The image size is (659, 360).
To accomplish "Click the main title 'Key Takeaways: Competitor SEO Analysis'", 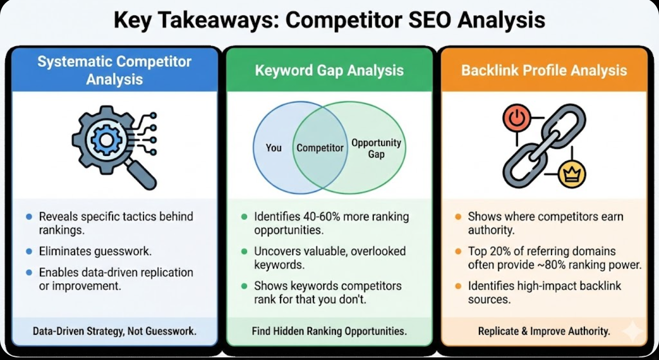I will tap(330, 20).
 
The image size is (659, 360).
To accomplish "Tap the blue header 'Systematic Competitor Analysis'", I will tap(114, 70).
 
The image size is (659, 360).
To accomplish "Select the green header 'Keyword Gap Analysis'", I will tap(329, 70).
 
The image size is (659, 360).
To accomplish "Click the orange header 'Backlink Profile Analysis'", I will tap(544, 70).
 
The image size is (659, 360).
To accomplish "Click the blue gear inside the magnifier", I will tap(106, 139).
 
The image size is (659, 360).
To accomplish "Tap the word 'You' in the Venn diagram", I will tap(273, 148).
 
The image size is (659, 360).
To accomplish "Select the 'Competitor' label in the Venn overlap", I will tap(320, 148).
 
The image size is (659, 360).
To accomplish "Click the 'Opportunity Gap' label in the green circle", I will tap(376, 148).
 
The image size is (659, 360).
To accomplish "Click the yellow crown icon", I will tap(572, 174).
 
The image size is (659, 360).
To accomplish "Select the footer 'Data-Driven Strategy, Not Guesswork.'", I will tap(114, 330).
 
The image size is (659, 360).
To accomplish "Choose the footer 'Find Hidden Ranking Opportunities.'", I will tap(329, 330).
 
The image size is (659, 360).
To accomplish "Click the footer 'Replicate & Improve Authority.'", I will tap(544, 330).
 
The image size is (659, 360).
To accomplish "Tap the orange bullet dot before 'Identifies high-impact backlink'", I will tap(458, 286).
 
